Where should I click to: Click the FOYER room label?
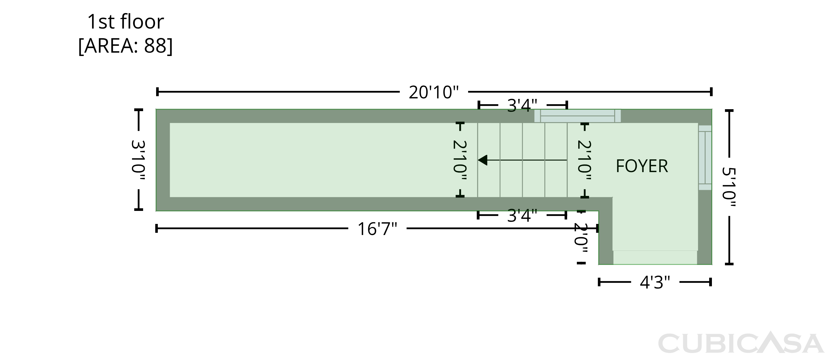point(642,166)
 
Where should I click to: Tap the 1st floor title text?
point(125,22)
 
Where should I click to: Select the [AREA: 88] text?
point(125,45)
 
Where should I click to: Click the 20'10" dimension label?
point(434,92)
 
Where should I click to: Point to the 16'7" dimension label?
point(377,229)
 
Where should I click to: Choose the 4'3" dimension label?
point(655,282)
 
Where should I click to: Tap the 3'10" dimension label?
point(138,160)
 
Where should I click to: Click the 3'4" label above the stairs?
point(522,105)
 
